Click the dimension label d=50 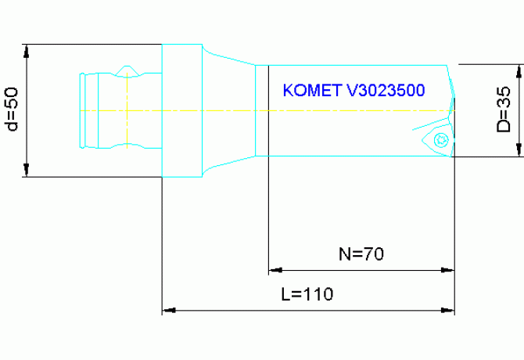pos(11,110)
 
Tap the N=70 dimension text pos(361,254)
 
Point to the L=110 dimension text pos(307,294)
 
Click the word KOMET pos(310,91)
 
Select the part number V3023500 pos(386,91)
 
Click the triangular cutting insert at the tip pos(438,138)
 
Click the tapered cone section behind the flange pos(228,110)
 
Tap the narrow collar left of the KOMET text pos(261,110)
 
